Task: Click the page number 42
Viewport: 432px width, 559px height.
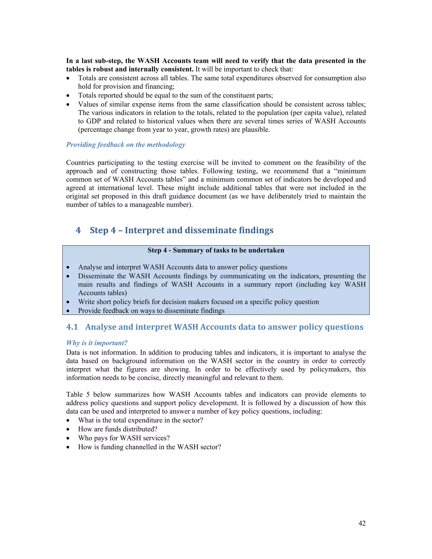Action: point(362,523)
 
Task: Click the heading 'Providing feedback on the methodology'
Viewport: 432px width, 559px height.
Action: point(126,145)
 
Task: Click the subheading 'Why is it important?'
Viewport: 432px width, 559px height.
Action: point(97,343)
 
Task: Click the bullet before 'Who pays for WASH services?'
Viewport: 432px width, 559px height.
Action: point(68,438)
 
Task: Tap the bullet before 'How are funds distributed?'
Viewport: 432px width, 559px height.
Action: point(68,429)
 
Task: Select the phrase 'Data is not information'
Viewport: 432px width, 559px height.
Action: point(102,352)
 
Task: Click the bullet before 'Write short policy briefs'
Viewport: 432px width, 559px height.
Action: point(68,302)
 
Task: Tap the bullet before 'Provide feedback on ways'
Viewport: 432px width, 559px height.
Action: point(68,311)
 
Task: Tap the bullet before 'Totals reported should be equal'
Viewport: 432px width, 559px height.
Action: point(68,96)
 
